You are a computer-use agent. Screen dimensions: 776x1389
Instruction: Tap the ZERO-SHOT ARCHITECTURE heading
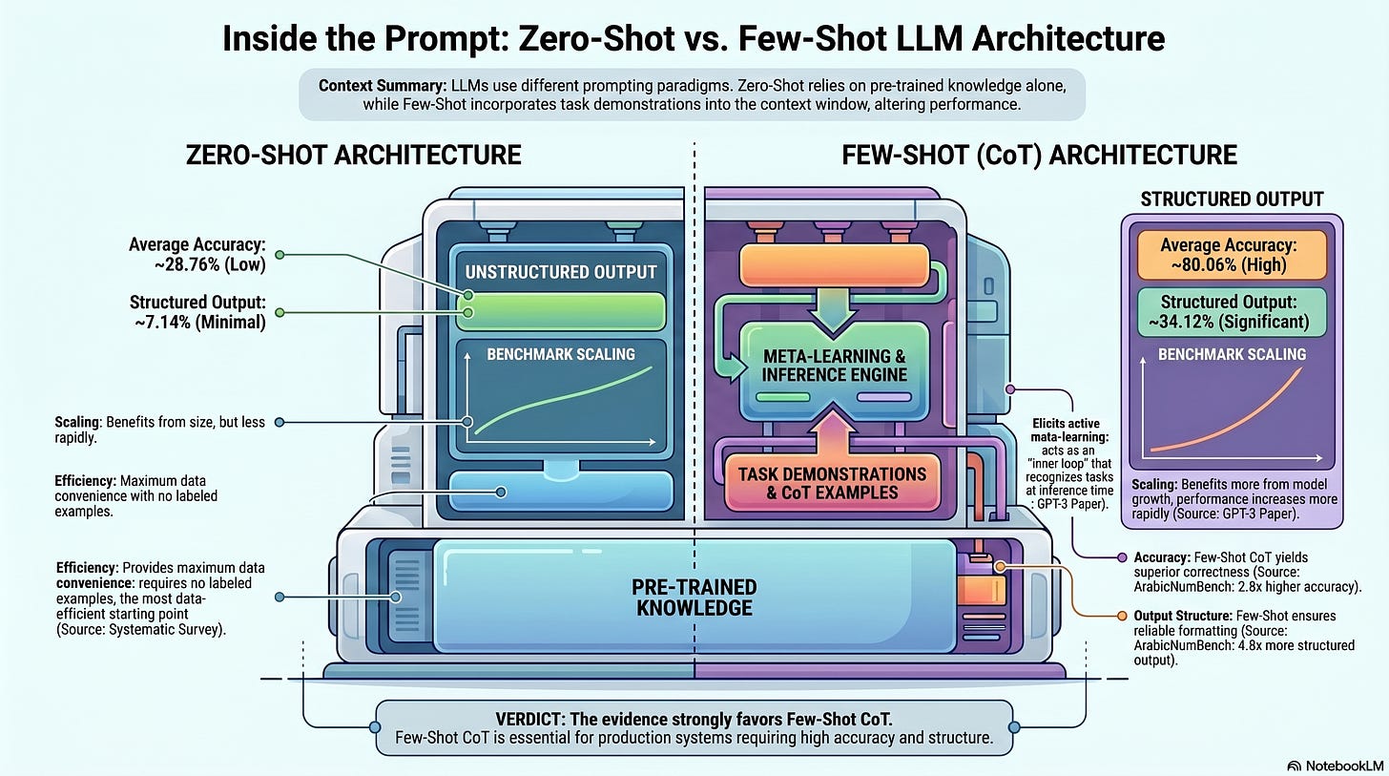coord(355,155)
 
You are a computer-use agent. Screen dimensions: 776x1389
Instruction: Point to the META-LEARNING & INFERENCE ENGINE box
coord(834,365)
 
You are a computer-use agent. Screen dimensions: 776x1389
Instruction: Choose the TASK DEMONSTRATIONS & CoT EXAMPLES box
coord(832,483)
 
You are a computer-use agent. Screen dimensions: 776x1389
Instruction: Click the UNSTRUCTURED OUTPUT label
coord(561,272)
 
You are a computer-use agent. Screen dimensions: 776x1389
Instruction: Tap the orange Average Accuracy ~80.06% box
coord(1232,253)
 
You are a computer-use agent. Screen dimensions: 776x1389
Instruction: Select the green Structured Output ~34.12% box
coord(1232,312)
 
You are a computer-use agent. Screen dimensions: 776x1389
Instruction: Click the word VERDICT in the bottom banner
coord(526,718)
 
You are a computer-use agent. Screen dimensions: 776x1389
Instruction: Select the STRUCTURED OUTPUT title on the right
coord(1232,199)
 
